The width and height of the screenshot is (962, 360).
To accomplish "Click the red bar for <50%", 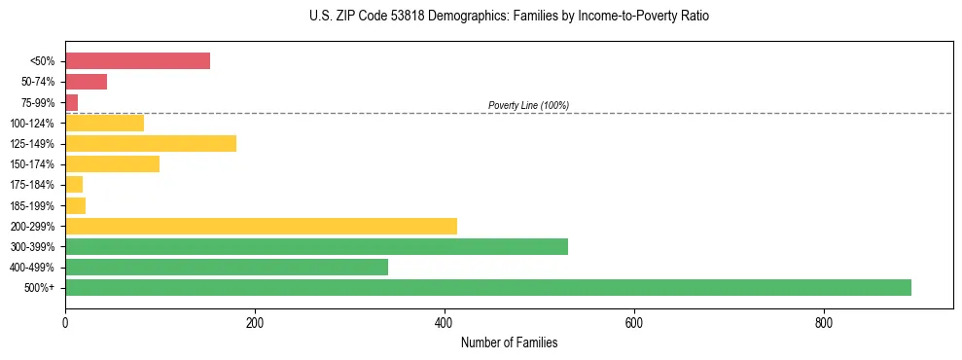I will pos(137,61).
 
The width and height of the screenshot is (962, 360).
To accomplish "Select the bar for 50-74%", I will pos(86,82).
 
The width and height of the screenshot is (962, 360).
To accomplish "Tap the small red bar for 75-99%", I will pos(71,102).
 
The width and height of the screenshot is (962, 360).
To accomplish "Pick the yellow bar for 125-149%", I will pos(151,144).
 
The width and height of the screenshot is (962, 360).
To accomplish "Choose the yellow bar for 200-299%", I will pos(261,227).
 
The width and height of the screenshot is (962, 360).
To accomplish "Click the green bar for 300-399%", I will pos(316,247).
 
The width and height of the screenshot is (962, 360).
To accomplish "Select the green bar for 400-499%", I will pos(227,268).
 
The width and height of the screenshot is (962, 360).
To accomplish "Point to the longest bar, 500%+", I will pos(488,288).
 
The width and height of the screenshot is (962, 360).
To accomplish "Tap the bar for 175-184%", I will pos(74,185).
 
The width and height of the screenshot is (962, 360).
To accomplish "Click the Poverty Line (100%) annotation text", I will pos(528,105).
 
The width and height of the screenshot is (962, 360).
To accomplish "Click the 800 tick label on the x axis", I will pos(823,323).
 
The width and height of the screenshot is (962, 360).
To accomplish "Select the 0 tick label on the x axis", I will pos(65,323).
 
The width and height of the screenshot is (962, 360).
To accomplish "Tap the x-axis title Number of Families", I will pos(509,343).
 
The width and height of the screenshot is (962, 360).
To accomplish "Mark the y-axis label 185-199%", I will pos(32,206).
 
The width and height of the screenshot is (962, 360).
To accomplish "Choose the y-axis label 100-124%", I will pos(32,124).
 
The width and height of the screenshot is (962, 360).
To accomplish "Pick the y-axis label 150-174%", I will pos(32,164).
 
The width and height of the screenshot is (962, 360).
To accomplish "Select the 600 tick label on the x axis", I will pos(633,323).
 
